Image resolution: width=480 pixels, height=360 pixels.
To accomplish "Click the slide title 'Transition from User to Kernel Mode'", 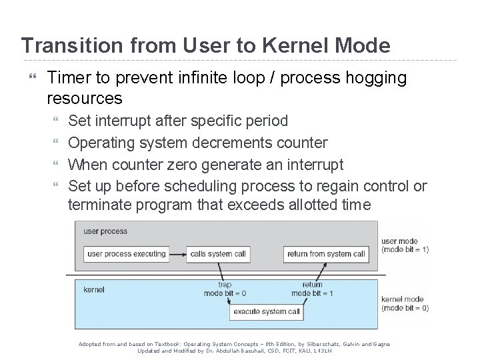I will (x=205, y=45).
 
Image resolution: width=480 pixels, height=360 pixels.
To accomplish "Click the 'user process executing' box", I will (x=126, y=254).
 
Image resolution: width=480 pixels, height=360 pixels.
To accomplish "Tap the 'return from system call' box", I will (x=325, y=254).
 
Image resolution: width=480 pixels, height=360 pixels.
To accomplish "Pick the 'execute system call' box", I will (x=266, y=311).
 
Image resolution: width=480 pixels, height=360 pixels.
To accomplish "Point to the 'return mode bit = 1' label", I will (x=311, y=289).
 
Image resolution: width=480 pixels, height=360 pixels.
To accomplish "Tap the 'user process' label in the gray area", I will (x=105, y=232).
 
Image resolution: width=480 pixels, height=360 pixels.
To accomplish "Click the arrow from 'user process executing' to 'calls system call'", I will (x=177, y=254).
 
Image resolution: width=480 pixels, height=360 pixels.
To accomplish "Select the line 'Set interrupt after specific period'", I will (x=178, y=121).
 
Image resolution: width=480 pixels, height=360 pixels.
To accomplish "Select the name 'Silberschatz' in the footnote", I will (x=323, y=344).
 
